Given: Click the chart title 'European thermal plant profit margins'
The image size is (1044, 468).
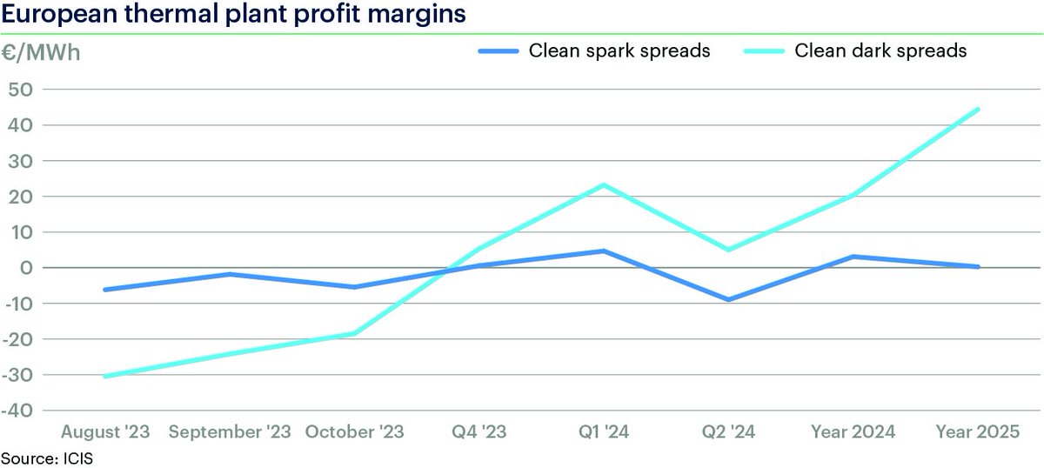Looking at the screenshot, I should pos(234,15).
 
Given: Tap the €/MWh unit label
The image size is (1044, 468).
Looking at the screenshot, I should pos(41,51).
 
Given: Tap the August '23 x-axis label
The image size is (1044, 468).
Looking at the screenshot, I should pos(105,431).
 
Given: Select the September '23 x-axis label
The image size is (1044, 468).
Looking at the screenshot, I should pos(230,431).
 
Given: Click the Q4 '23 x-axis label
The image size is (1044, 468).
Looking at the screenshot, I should pos(478,431).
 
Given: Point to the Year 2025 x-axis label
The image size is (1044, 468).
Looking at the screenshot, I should pos(978,431).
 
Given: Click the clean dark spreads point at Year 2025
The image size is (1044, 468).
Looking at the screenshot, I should pos(978,110).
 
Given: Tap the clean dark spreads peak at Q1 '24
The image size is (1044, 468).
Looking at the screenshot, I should pos(603,184).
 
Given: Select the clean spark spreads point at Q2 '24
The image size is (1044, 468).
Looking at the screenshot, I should pos(728,300).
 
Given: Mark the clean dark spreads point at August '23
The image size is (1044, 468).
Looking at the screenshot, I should pos(105,377).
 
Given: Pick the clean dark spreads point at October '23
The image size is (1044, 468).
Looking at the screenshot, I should pos(354,333).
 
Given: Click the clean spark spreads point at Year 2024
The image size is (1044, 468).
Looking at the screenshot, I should pos(853,257).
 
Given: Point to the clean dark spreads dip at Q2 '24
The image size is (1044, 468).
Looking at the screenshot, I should pos(728,250).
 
